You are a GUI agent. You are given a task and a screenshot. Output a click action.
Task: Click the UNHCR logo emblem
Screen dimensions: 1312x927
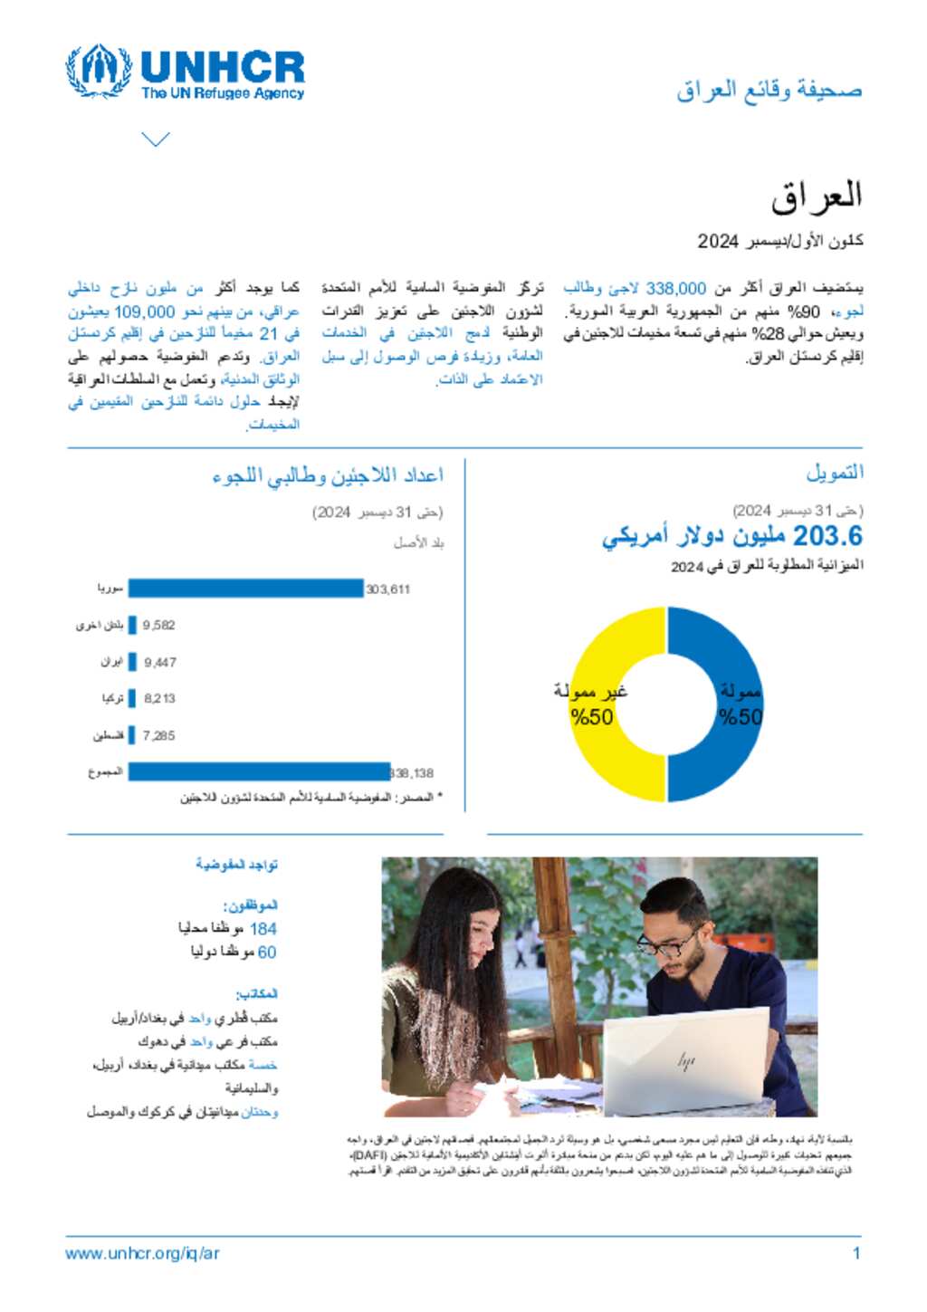pos(99,71)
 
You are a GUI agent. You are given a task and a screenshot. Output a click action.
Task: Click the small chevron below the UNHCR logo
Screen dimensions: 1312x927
pos(156,139)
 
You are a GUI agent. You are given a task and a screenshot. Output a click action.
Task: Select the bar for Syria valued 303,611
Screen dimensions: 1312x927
pos(245,589)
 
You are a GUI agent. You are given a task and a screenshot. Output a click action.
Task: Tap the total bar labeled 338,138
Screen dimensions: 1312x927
pos(259,772)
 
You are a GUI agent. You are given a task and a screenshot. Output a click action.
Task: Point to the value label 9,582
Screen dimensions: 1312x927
pos(158,625)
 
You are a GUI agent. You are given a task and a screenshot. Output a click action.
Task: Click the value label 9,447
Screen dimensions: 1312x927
pos(160,662)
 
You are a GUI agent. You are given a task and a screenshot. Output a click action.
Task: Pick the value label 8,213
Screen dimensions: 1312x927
pos(159,698)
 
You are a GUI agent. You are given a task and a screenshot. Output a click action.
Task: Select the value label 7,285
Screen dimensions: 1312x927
pos(158,735)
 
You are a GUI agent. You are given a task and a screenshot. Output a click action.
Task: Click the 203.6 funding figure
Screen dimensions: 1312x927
pos(827,536)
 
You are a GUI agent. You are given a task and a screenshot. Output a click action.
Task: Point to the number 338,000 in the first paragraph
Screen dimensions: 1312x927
pos(675,288)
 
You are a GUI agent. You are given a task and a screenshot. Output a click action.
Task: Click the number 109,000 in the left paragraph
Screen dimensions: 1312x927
pos(144,311)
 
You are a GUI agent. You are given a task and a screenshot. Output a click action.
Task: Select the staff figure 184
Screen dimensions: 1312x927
pos(263,928)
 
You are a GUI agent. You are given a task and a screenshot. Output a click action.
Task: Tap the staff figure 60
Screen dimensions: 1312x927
pos(267,952)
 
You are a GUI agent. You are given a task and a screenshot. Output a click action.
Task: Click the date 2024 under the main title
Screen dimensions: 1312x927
pos(718,241)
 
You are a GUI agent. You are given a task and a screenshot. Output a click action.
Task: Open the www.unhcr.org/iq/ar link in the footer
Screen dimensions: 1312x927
pos(142,1253)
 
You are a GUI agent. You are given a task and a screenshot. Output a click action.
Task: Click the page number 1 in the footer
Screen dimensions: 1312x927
pos(855,1253)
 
